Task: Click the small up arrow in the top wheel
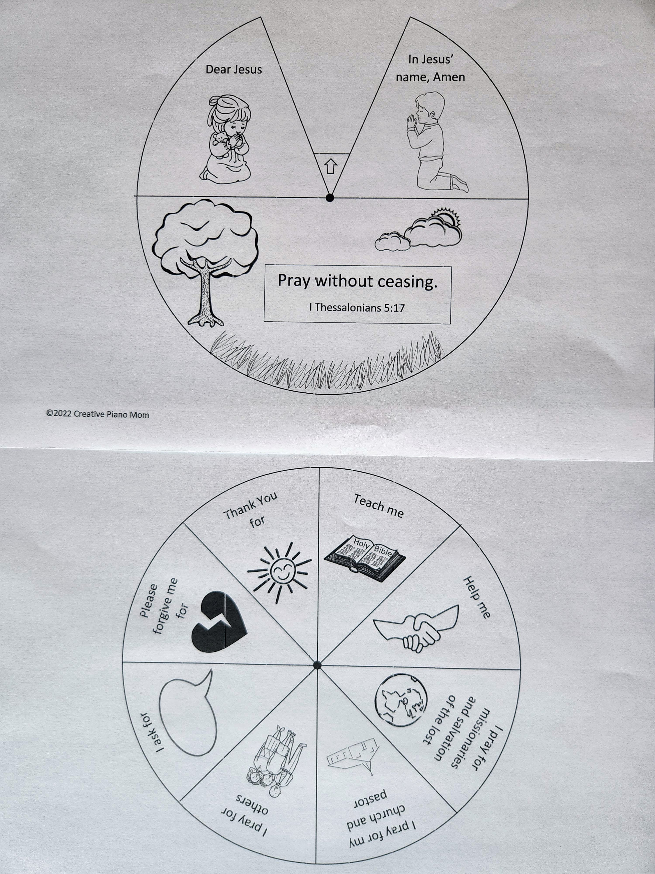pos(331,168)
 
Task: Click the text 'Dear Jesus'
pos(234,70)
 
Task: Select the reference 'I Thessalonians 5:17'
pos(357,307)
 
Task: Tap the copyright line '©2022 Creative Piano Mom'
pos(98,415)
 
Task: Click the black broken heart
pos(217,623)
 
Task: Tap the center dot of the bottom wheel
pos(316,665)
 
